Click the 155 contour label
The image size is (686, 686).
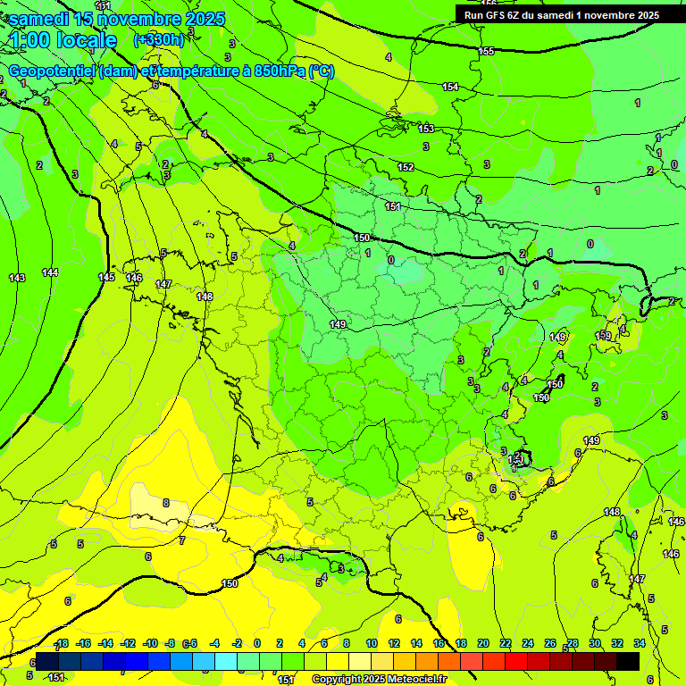pyautogui.click(x=486, y=51)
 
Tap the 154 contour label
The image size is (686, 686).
pyautogui.click(x=450, y=87)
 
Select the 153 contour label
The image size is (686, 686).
pyautogui.click(x=426, y=129)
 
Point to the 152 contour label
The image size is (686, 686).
pyautogui.click(x=406, y=167)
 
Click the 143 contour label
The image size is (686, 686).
pyautogui.click(x=17, y=278)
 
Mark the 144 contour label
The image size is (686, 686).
pyautogui.click(x=50, y=272)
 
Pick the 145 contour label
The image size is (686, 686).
pyautogui.click(x=106, y=277)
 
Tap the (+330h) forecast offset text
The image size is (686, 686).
pyautogui.click(x=159, y=40)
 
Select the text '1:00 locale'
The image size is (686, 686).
pyautogui.click(x=63, y=40)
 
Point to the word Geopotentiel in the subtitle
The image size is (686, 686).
pyautogui.click(x=52, y=71)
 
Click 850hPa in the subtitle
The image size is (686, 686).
pyautogui.click(x=280, y=71)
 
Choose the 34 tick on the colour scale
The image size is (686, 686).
pyautogui.click(x=640, y=644)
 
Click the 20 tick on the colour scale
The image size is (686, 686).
pyautogui.click(x=483, y=644)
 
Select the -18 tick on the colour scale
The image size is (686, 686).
pyautogui.click(x=61, y=644)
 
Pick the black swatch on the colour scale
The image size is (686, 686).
pyautogui.click(x=628, y=661)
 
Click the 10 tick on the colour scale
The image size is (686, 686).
pyautogui.click(x=371, y=644)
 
